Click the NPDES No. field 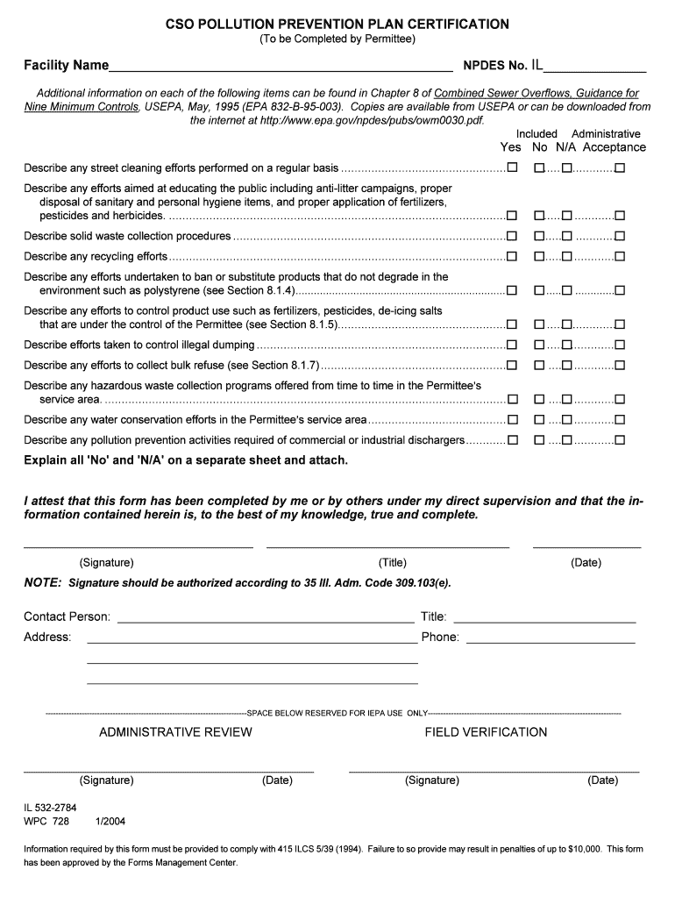click(595, 66)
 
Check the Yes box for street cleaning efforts click(512, 167)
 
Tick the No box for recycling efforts click(539, 257)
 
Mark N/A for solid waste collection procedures click(567, 236)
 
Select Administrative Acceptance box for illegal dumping click(620, 345)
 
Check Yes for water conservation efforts click(512, 420)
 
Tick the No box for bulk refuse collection click(539, 365)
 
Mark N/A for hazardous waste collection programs click(567, 399)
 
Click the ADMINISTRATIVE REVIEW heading click(175, 732)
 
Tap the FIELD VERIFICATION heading click(486, 732)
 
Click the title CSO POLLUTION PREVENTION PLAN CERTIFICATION click(337, 24)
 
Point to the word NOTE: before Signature click(42, 582)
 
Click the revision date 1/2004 click(110, 822)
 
